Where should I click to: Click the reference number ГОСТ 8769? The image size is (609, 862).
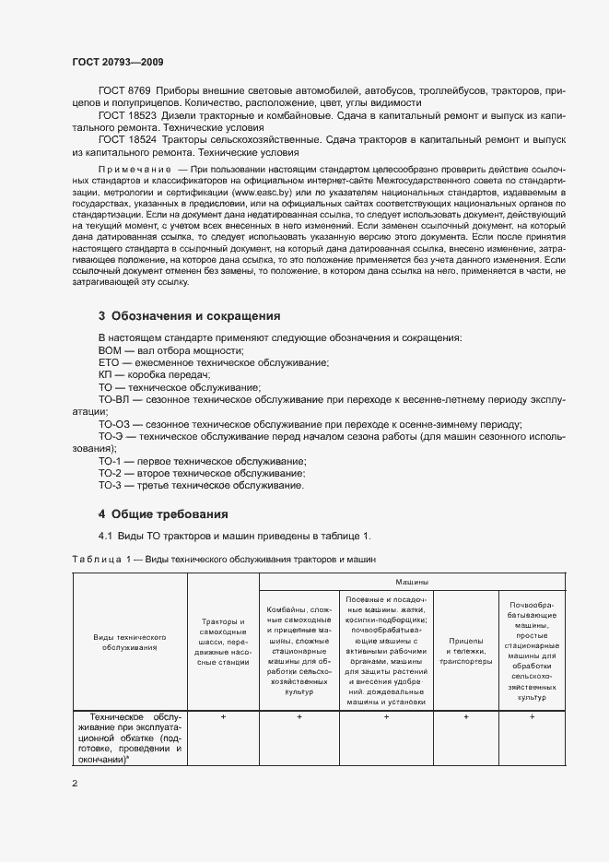pyautogui.click(x=123, y=90)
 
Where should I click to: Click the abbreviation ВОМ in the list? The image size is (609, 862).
pyautogui.click(x=111, y=350)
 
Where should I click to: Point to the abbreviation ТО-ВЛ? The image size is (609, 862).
pyautogui.click(x=114, y=400)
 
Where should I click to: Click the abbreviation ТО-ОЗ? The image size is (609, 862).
pyautogui.click(x=114, y=424)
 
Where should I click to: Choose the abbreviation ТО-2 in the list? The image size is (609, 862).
pyautogui.click(x=110, y=473)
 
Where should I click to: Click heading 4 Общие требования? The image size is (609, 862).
pyautogui.click(x=163, y=514)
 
